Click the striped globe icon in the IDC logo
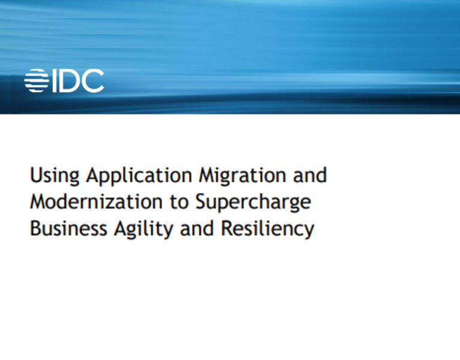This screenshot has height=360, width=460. pyautogui.click(x=36, y=81)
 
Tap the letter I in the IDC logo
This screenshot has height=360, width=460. pyautogui.click(x=53, y=81)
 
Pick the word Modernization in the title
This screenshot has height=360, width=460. pyautogui.click(x=97, y=202)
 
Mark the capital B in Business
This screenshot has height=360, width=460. pyautogui.click(x=35, y=228)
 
